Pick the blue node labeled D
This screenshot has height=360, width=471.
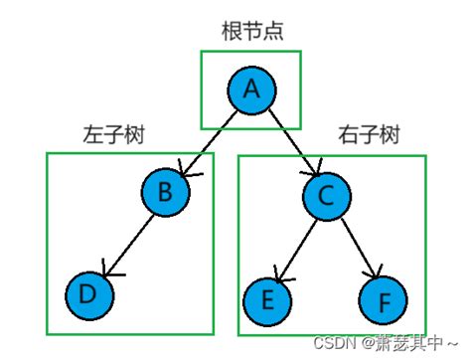(88, 295)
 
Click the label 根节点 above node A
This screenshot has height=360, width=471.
(252, 31)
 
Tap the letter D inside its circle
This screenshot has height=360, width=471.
(88, 295)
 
